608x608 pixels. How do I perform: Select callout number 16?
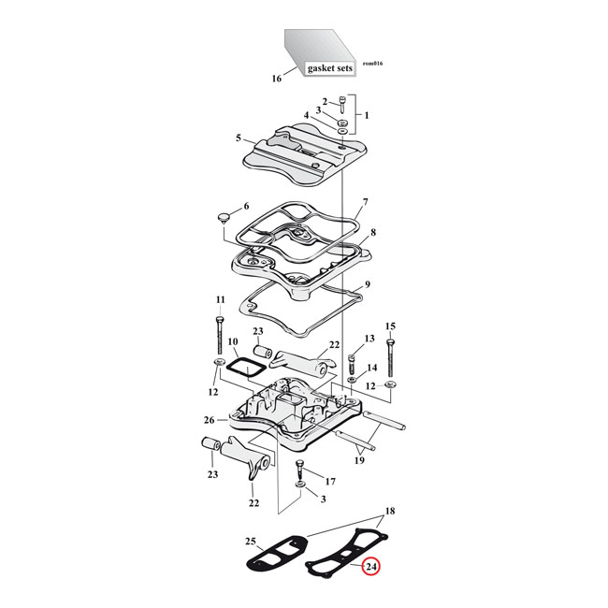pyautogui.click(x=276, y=79)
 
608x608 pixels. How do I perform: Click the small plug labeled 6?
pyautogui.click(x=224, y=217)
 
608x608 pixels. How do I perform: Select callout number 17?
pyautogui.click(x=329, y=481)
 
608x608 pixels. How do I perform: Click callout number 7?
pyautogui.click(x=366, y=201)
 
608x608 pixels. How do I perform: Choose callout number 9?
pyautogui.click(x=368, y=284)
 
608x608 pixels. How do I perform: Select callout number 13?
pyautogui.click(x=369, y=338)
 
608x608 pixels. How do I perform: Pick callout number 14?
pyautogui.click(x=371, y=368)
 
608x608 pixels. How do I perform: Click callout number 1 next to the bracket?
pyautogui.click(x=367, y=115)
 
